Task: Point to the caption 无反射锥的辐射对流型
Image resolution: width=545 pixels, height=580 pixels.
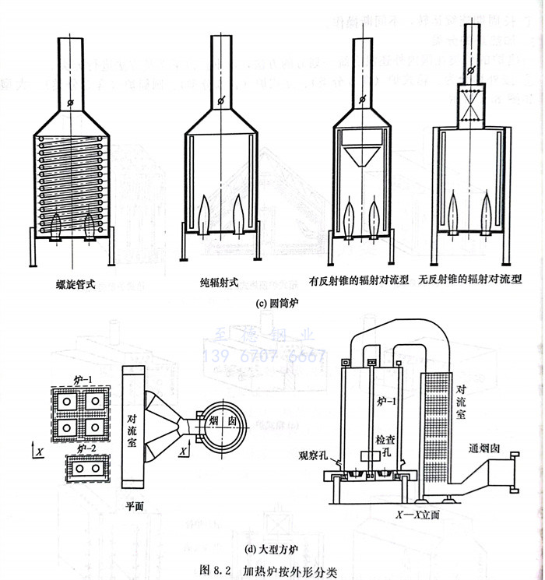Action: [x=469, y=278]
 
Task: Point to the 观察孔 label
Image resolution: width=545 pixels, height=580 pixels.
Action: [x=315, y=454]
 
